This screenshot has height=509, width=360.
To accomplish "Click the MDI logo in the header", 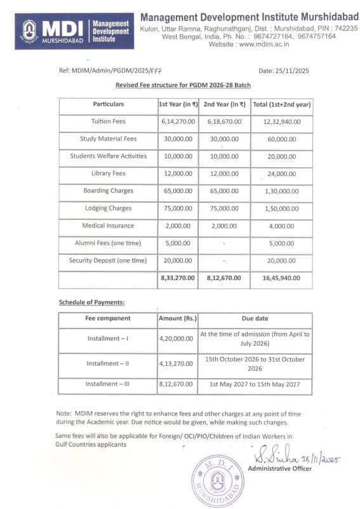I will click(x=29, y=31).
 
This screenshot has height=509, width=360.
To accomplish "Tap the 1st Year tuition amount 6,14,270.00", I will click(x=177, y=121).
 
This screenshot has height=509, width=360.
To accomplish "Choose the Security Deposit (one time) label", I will click(x=108, y=261).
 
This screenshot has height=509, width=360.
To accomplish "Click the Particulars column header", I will click(x=108, y=104).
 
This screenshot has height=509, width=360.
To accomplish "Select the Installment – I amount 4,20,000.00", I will click(x=176, y=339).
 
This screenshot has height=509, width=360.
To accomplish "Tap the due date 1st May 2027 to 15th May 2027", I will click(x=255, y=384).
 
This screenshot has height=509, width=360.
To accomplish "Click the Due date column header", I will click(x=255, y=318).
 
